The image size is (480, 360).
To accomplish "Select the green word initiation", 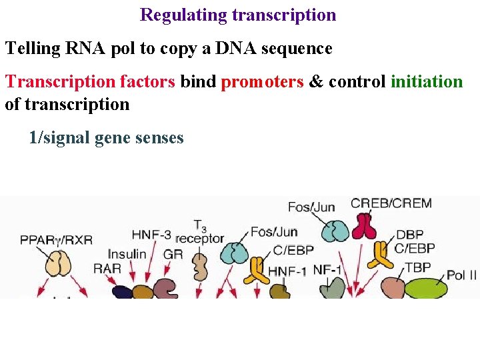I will (427, 82).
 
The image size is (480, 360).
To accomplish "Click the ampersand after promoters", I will (316, 82).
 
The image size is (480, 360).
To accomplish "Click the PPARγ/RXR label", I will (56, 239).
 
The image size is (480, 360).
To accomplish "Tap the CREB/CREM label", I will (391, 204).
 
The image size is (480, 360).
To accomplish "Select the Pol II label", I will (461, 274).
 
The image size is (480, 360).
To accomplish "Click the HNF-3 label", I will (151, 235).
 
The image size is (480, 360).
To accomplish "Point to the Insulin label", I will (127, 254).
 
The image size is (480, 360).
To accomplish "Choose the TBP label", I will (418, 267).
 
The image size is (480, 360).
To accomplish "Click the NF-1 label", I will (327, 270).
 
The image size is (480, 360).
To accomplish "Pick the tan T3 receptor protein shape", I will (200, 267).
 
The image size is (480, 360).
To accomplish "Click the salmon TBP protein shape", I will (393, 287).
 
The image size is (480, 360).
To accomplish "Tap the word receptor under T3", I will (200, 238).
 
